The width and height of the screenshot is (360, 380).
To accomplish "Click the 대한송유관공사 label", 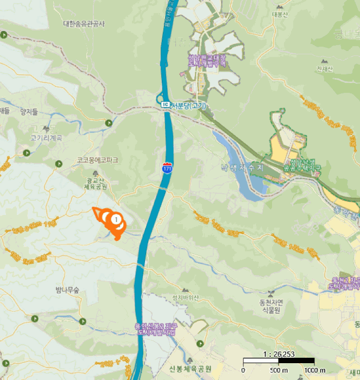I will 84,24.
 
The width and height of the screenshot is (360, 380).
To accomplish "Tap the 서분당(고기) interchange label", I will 188,105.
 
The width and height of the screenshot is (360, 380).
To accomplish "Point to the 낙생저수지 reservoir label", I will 241,168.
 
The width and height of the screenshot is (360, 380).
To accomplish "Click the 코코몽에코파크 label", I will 97,160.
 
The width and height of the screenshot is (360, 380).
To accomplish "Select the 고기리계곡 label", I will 46,138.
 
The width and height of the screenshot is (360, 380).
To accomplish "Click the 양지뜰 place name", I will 29,112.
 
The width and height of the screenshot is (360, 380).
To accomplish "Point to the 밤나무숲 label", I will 67,290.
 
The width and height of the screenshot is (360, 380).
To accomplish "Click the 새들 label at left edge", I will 5,111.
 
